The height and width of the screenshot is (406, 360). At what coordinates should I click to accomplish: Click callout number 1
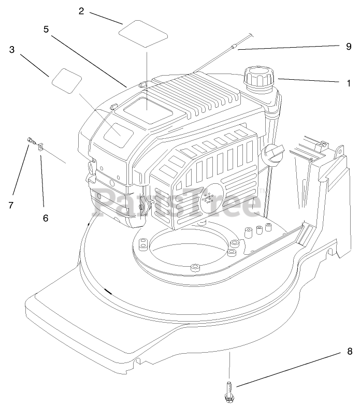click(349, 83)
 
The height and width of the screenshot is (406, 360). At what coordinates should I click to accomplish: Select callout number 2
click(81, 11)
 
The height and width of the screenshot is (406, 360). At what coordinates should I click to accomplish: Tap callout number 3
click(12, 50)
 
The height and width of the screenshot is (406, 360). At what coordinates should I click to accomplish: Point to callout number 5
click(46, 30)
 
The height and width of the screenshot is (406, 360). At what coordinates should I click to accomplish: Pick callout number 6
click(46, 218)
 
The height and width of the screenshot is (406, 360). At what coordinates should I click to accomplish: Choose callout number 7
click(11, 205)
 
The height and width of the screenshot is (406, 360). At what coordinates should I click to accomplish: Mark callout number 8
click(349, 352)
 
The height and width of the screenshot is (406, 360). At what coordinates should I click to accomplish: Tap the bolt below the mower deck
click(228, 388)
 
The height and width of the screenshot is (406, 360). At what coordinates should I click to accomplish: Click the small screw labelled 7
click(31, 140)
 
